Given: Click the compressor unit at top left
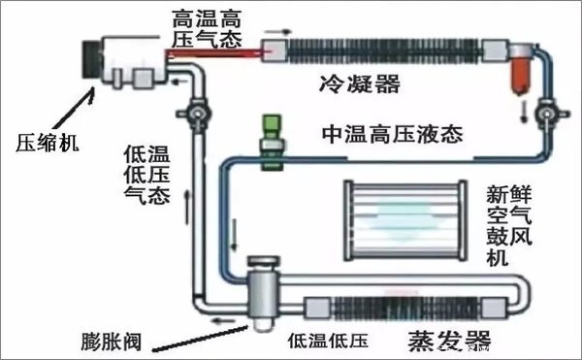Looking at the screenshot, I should click(x=126, y=55).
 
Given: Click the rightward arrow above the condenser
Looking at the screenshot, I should click(x=282, y=32).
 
